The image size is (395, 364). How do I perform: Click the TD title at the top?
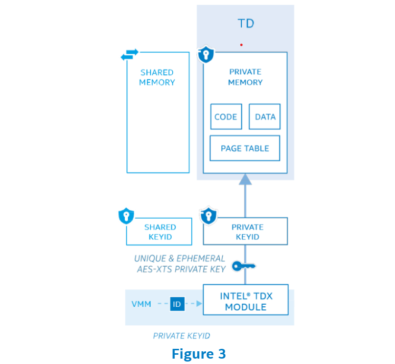tap(246, 23)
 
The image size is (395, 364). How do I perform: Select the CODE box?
tap(226, 117)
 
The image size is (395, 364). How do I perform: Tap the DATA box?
tap(265, 117)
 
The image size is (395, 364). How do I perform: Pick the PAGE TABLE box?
tap(245, 148)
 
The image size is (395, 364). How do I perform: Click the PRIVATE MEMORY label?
tap(245, 77)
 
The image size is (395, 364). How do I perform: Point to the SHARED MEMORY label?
tap(157, 77)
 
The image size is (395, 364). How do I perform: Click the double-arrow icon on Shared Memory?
tap(130, 54)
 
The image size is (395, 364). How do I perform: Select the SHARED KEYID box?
tap(159, 232)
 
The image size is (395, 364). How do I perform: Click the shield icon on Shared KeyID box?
tap(126, 216)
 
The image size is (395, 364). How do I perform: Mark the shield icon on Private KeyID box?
tap(208, 216)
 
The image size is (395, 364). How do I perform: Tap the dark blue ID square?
tap(177, 303)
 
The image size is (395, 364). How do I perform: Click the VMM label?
tap(141, 303)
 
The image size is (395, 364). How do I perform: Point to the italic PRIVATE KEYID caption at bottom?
tap(182, 336)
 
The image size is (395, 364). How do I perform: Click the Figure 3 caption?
tap(198, 353)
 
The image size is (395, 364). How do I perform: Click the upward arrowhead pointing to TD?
tap(245, 179)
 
